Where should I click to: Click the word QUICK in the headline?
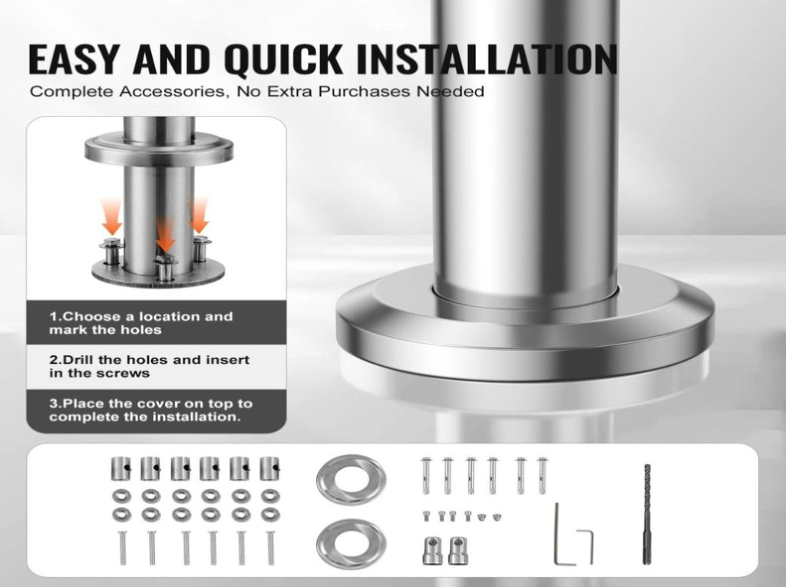click(283, 60)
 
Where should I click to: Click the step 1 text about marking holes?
click(141, 323)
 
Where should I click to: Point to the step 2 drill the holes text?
click(149, 367)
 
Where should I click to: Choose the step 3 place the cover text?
click(150, 410)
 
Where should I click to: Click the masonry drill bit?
click(647, 514)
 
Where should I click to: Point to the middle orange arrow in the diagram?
click(165, 235)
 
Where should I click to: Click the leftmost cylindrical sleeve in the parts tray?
click(121, 469)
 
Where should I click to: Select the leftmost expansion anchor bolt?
click(425, 475)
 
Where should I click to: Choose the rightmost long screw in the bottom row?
click(271, 548)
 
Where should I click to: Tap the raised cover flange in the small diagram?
click(158, 149)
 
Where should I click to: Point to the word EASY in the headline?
click(72, 60)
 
